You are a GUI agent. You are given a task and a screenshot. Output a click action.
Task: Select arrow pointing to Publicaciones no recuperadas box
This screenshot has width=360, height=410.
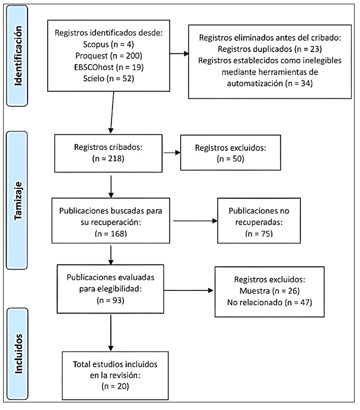(194, 222)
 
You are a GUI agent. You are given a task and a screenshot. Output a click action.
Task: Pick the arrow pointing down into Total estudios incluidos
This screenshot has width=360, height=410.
(111, 334)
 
